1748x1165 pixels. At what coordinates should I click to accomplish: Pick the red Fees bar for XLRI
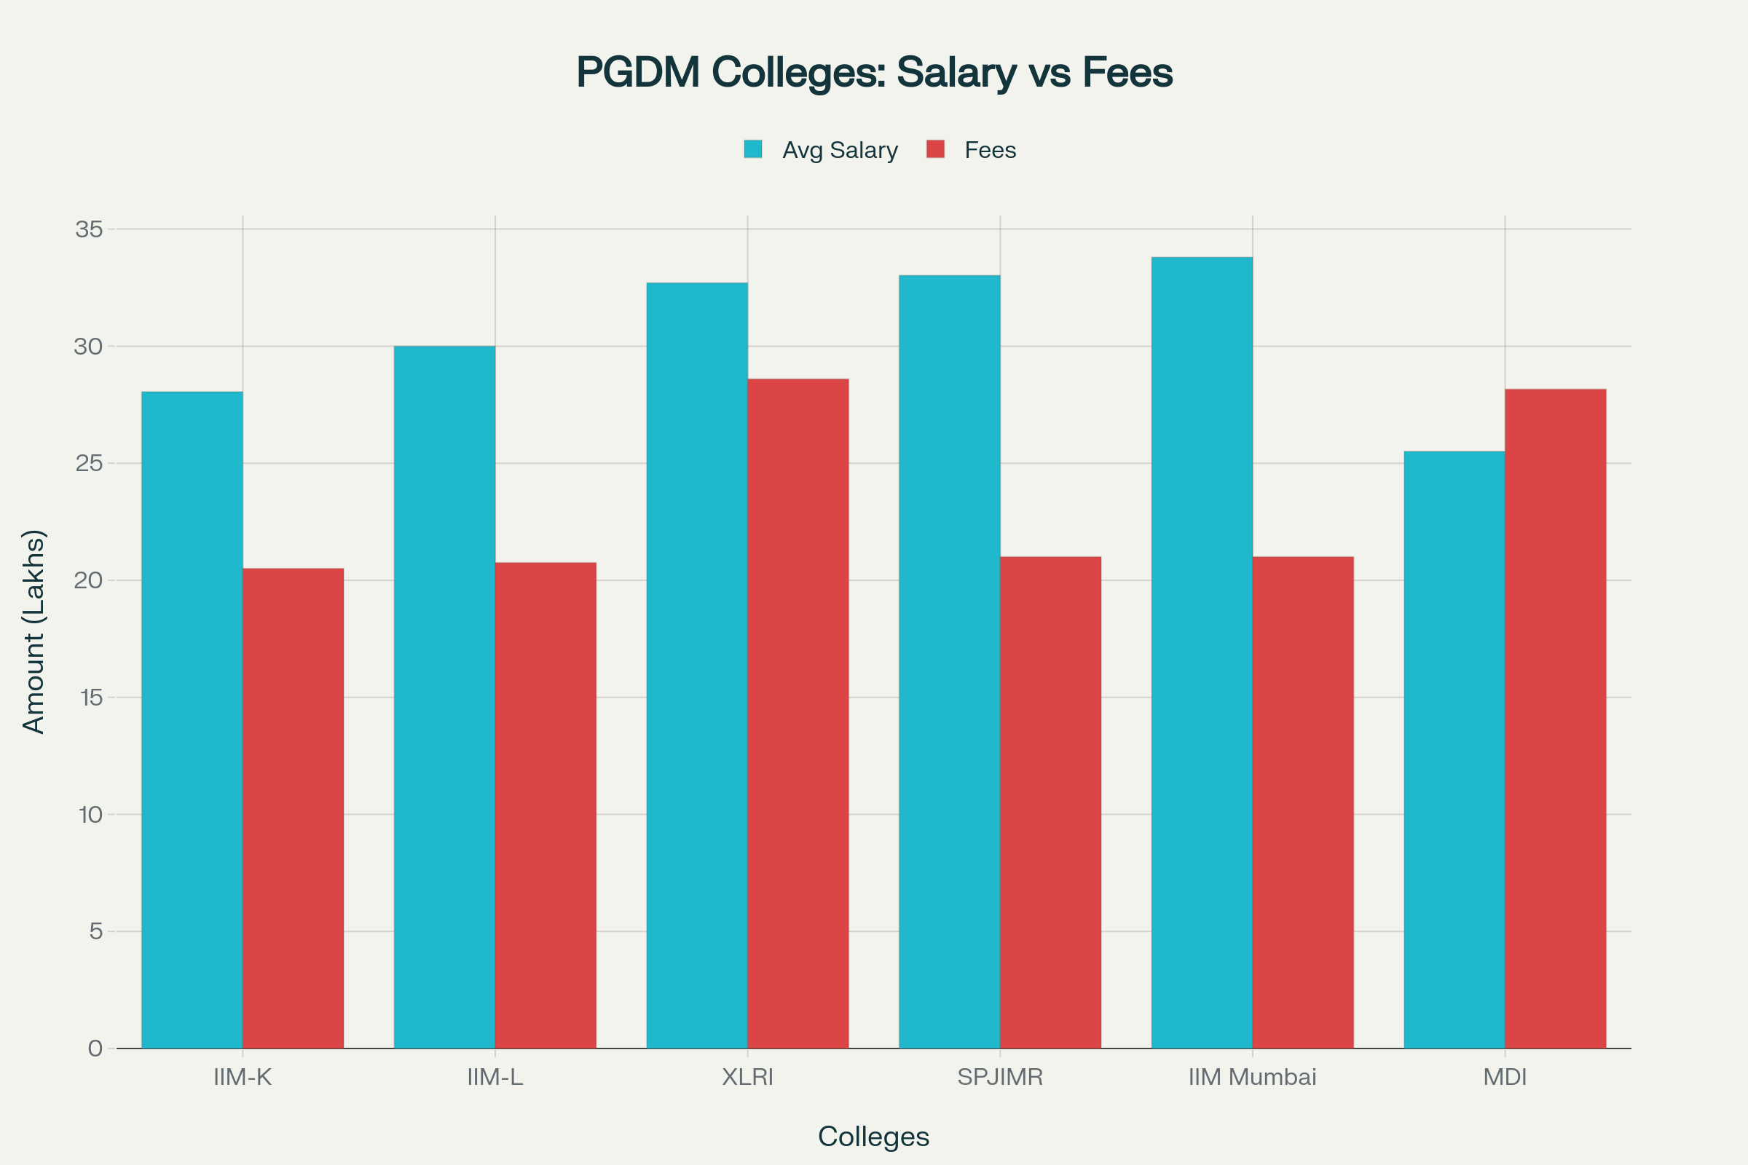click(798, 714)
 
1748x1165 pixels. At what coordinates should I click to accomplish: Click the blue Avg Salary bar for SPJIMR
click(949, 661)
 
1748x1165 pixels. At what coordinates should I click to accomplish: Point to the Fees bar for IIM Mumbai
click(1303, 802)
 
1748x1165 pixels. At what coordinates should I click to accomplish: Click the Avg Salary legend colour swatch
click(753, 149)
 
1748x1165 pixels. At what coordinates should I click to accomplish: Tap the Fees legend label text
click(990, 150)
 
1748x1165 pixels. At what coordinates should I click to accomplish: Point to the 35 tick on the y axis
click(88, 229)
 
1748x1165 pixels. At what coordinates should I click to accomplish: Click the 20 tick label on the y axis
click(88, 580)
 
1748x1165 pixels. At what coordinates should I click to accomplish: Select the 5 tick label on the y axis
click(95, 931)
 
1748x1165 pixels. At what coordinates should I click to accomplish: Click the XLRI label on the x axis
click(748, 1077)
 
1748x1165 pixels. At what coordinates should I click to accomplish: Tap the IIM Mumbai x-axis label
click(1252, 1077)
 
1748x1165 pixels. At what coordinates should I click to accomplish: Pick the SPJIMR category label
click(999, 1077)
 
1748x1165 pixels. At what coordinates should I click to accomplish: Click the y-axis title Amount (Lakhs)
click(34, 631)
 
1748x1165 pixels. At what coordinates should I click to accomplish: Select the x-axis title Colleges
click(873, 1136)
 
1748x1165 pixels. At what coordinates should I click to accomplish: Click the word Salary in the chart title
click(956, 73)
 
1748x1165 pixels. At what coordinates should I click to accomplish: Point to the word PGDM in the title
click(639, 73)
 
